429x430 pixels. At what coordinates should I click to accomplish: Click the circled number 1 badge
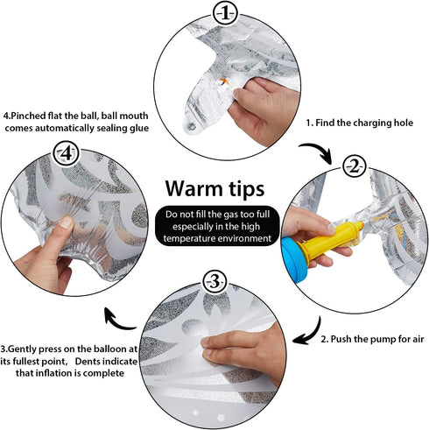(x=225, y=14)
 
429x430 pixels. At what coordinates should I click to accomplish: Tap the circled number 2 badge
(x=354, y=166)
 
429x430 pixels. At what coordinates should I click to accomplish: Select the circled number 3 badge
(x=214, y=282)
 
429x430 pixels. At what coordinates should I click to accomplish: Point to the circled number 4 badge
(x=67, y=153)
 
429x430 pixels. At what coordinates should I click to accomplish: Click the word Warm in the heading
(x=195, y=188)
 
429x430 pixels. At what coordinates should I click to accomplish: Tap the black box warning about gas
(x=217, y=226)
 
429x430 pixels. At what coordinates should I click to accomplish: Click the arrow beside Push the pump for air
(x=312, y=333)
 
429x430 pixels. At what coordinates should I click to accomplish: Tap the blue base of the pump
(x=294, y=260)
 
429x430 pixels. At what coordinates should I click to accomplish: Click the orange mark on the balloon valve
(x=224, y=81)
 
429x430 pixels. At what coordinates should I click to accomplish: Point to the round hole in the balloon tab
(x=192, y=126)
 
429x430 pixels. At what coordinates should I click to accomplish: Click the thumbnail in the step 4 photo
(x=67, y=222)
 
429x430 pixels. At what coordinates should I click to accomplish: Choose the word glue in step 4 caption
(x=139, y=129)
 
